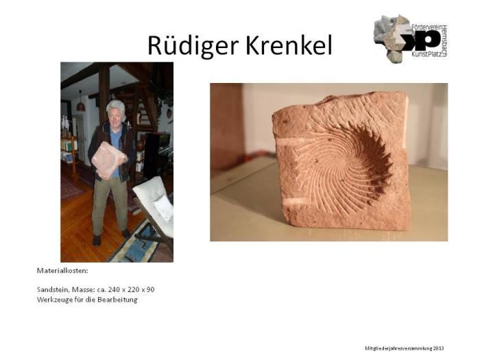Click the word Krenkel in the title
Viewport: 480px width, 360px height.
click(x=288, y=45)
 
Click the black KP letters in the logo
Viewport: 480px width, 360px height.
click(x=418, y=39)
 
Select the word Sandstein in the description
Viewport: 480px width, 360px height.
click(x=52, y=289)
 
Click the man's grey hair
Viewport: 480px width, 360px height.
click(x=115, y=107)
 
